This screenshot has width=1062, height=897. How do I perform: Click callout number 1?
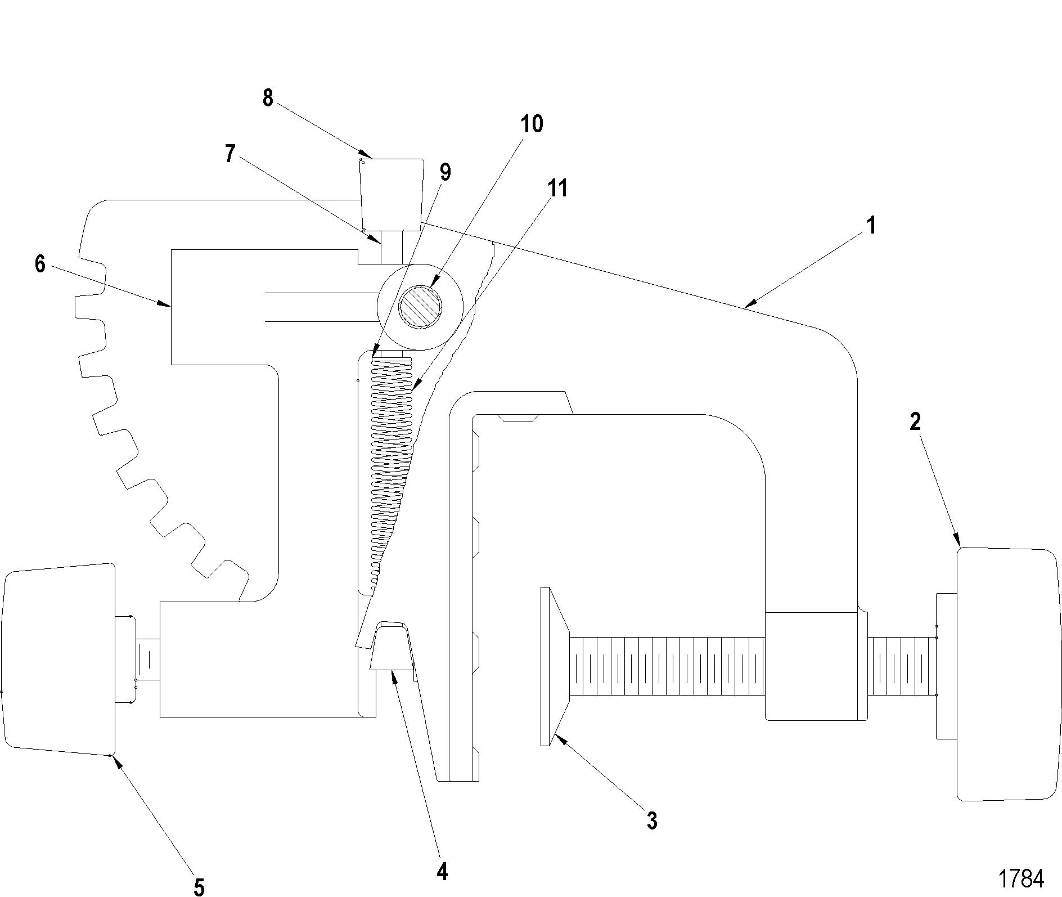[871, 226]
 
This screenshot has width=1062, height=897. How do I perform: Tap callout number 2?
[915, 421]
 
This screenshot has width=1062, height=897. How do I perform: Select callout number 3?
[652, 821]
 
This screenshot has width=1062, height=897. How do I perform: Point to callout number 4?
[442, 872]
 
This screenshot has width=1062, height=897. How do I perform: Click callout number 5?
[199, 886]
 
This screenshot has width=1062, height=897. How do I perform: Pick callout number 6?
[40, 263]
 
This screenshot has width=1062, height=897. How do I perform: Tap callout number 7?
[229, 154]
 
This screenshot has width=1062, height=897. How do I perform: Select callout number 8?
[268, 98]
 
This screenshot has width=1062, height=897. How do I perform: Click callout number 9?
[445, 172]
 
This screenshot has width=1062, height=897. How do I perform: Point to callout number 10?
[531, 124]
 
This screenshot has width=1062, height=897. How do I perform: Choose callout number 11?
[557, 188]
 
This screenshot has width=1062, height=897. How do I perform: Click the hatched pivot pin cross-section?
[420, 306]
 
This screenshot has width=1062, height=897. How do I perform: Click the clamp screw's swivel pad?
[555, 666]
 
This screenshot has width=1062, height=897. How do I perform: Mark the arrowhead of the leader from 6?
[167, 305]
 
